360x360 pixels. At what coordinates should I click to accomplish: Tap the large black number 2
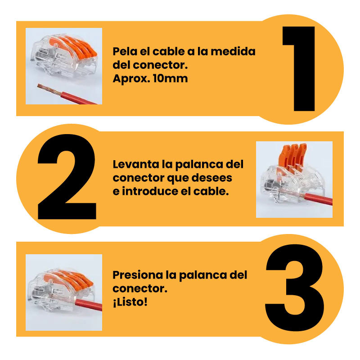(67, 176)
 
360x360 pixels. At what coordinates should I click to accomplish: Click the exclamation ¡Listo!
(130, 302)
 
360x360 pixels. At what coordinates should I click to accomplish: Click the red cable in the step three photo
(88, 305)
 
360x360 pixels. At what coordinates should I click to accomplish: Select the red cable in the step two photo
(318, 199)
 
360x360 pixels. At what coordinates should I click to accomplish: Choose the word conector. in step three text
(140, 288)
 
